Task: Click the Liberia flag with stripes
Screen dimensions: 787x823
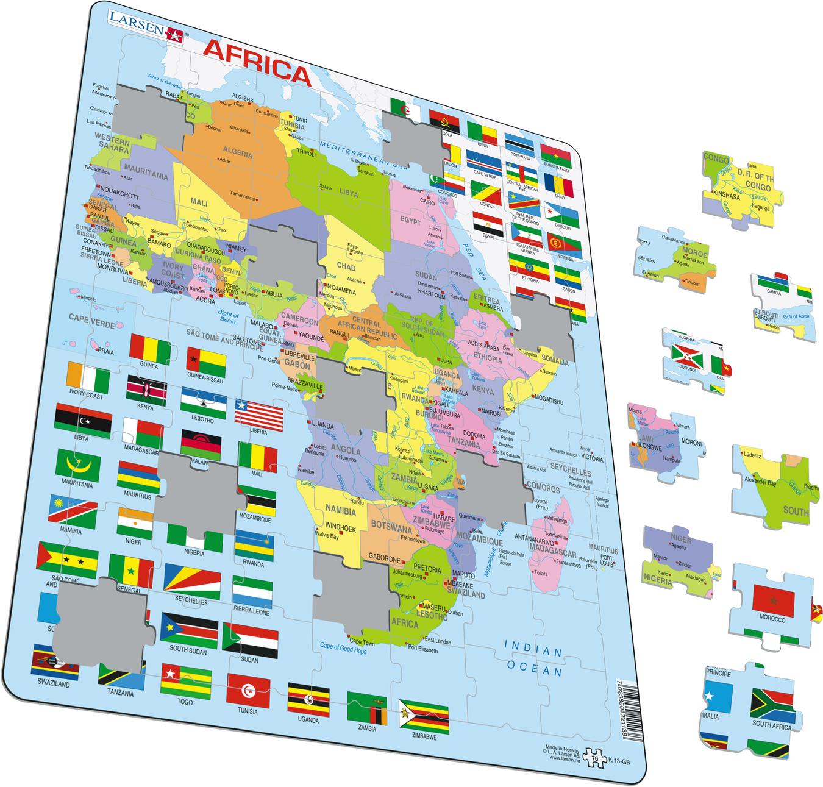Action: coord(260,416)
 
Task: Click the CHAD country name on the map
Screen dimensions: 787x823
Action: coord(345,268)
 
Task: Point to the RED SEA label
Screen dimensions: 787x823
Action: coord(477,260)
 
